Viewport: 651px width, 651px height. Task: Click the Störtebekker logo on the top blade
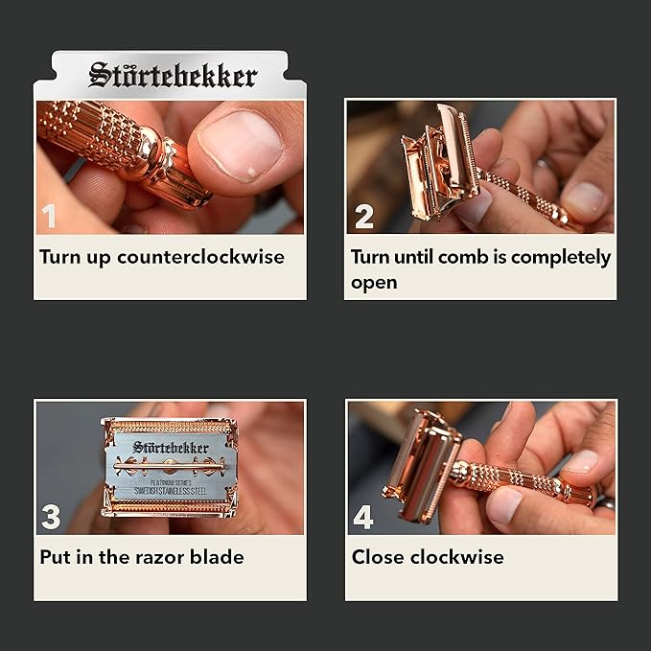[173, 75]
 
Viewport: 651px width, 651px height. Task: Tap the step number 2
[363, 217]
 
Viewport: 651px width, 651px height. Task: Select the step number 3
[51, 518]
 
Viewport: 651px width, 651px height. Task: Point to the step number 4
[363, 518]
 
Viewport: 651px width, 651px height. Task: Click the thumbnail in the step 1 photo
[242, 144]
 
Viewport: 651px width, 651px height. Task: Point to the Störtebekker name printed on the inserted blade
[170, 447]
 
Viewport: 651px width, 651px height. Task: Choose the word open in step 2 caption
[374, 283]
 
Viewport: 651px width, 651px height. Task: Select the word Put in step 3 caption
[56, 556]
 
